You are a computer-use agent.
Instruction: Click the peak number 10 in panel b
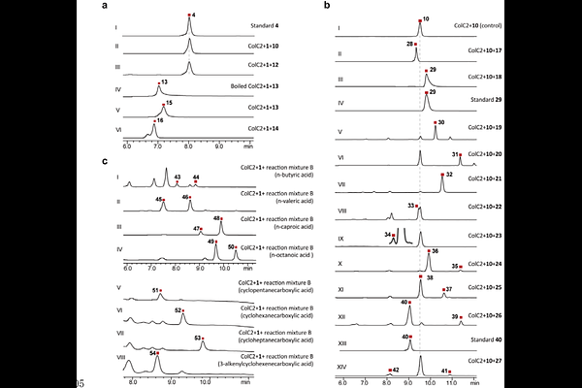(426, 18)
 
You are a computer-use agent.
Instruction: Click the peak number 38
(431, 277)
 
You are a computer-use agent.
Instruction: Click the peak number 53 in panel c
(199, 337)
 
